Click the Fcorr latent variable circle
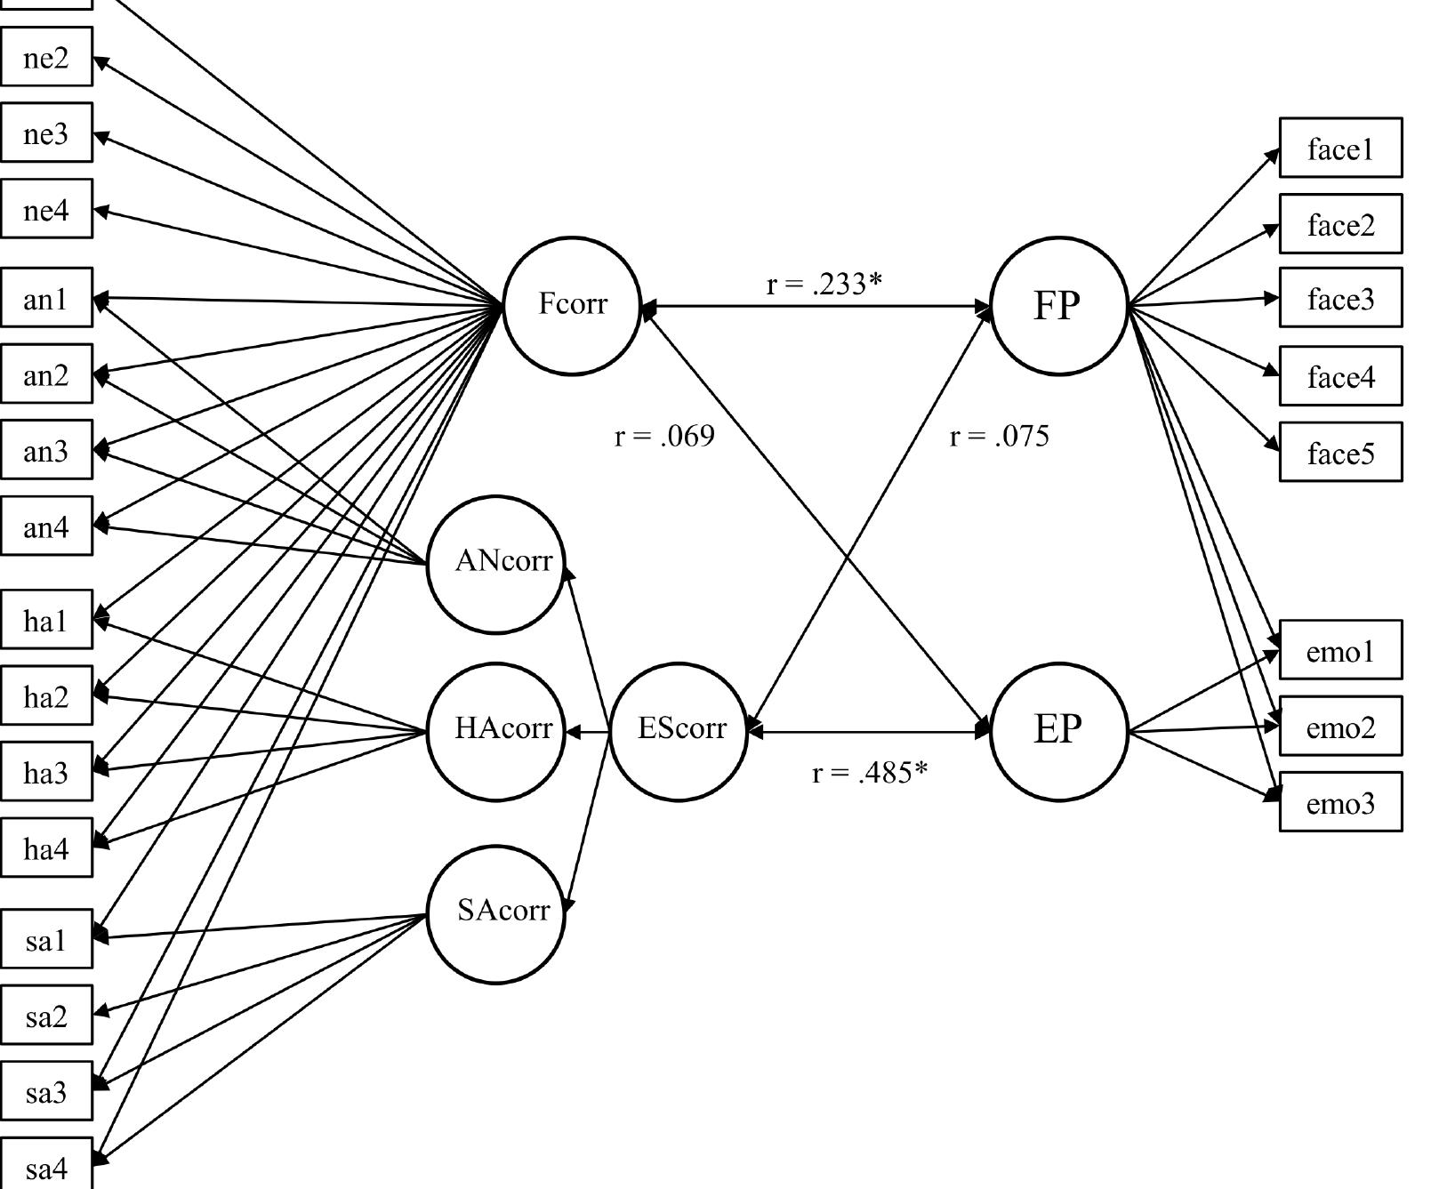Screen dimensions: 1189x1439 point(572,305)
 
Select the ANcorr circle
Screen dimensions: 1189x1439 point(496,564)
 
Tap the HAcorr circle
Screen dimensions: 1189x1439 point(496,731)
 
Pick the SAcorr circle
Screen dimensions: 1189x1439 point(496,913)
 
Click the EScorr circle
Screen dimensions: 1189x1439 point(679,731)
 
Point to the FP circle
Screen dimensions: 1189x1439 point(1058,305)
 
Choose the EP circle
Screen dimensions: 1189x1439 point(1058,731)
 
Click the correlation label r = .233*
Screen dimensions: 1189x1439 point(824,284)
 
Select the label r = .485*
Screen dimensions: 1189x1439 point(869,773)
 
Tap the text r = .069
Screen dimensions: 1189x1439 point(664,437)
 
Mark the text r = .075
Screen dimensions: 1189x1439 point(999,437)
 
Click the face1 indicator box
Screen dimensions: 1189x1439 point(1340,148)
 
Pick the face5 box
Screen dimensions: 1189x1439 point(1340,453)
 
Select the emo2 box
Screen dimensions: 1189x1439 point(1340,727)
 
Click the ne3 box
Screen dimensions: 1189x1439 point(46,133)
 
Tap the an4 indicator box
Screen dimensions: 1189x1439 point(46,526)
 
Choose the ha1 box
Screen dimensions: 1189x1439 point(46,620)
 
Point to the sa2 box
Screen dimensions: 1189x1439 point(46,1015)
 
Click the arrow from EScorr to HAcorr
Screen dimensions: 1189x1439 point(589,733)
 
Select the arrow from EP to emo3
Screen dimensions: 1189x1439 point(1205,766)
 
